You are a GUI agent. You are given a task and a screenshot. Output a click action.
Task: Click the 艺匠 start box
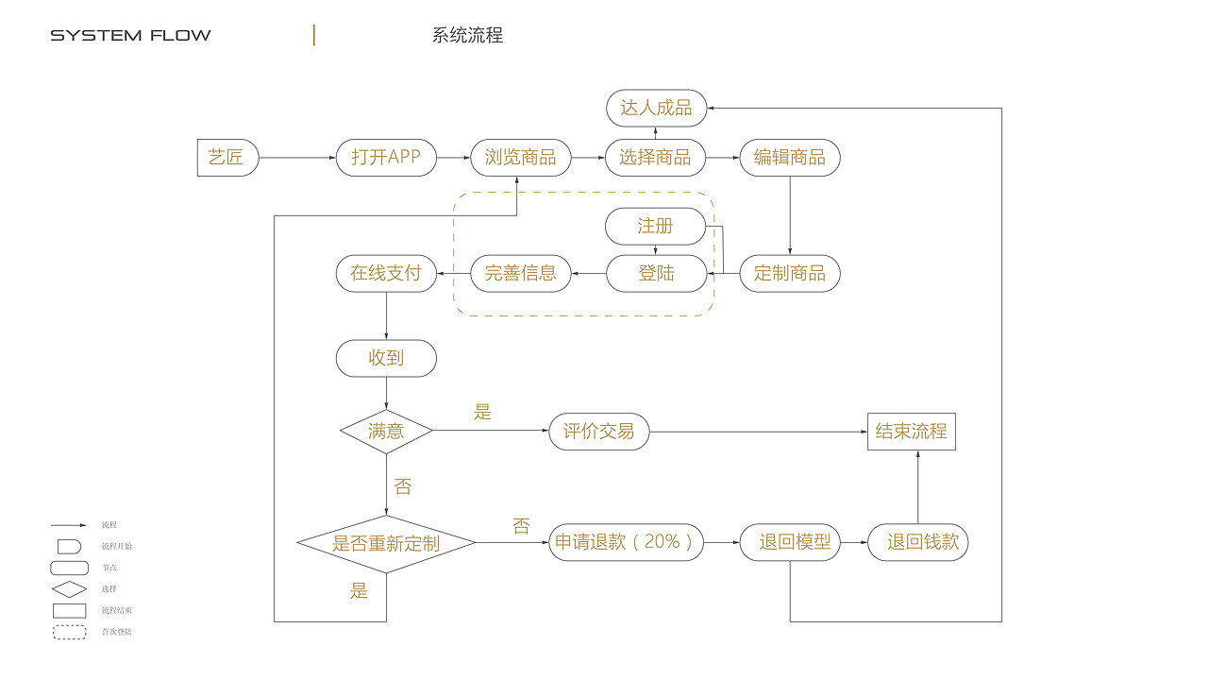pos(226,158)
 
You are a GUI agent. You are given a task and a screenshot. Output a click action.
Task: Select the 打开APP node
pos(386,158)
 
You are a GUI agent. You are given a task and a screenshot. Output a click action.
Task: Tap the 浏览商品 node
pos(520,158)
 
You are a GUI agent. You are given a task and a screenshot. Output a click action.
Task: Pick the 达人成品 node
pos(656,109)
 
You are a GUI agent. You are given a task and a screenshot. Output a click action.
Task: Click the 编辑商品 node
pos(790,158)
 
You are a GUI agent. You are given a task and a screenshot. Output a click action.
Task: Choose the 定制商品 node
pos(790,274)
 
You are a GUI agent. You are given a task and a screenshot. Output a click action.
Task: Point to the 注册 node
pos(655,227)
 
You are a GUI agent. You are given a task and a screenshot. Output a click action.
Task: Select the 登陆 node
pos(655,274)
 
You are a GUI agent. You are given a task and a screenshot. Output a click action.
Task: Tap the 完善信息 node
pos(520,274)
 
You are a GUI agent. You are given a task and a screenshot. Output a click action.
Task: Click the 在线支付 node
pos(386,274)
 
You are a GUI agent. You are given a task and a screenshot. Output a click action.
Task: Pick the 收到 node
pos(386,359)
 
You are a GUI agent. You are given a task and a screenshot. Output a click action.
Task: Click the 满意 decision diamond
pos(386,432)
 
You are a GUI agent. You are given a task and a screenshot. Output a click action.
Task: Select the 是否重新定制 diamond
pos(386,543)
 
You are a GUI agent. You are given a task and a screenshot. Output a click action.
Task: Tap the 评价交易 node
pos(599,432)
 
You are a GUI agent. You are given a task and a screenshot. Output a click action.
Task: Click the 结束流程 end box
pos(911,432)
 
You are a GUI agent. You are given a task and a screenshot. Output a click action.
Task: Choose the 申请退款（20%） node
pos(627,542)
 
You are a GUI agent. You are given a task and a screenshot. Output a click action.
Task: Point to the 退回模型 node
pos(790,542)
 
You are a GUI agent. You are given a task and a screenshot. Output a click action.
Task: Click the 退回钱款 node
pos(917,542)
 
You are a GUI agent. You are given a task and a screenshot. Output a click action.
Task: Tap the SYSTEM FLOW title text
pos(130,36)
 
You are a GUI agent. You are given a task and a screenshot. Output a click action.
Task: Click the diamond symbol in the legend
pos(69,589)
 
